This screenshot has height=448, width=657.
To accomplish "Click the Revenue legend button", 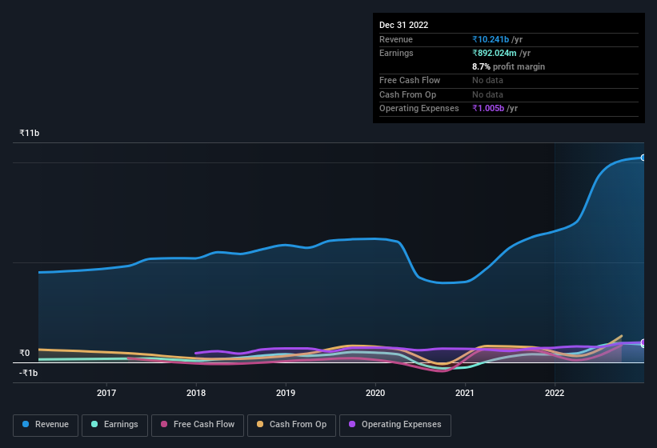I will [46, 424].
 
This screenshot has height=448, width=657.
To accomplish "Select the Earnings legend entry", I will [114, 424].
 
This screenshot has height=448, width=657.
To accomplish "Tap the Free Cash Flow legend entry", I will [198, 424].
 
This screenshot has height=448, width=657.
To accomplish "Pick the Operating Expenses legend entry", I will [395, 424].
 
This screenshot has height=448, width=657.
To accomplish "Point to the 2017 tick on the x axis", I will [106, 393].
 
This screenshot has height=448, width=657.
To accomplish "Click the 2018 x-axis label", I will [196, 393].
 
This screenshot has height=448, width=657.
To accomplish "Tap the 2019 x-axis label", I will [286, 393].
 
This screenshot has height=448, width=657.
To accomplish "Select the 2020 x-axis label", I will [375, 393].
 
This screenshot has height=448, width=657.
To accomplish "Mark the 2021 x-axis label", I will [465, 393].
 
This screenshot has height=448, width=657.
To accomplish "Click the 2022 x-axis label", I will [555, 393].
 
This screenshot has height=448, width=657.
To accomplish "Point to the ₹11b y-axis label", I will [30, 133].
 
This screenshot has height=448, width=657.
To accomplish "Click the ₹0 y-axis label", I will [25, 353].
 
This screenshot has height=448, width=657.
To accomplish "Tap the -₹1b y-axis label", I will [29, 373].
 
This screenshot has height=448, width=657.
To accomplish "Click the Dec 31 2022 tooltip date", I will [404, 25].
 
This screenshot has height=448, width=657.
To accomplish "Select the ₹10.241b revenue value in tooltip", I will [497, 39].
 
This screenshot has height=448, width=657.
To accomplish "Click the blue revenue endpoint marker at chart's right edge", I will [643, 158].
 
